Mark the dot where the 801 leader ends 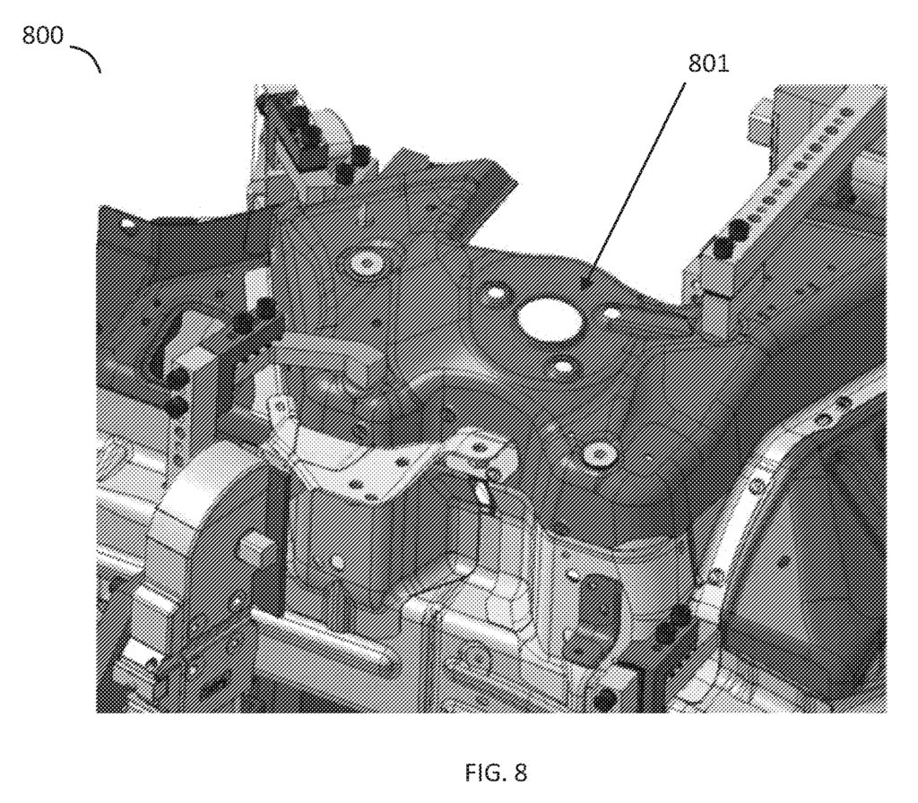click(x=584, y=283)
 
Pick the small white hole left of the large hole click(x=493, y=293)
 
